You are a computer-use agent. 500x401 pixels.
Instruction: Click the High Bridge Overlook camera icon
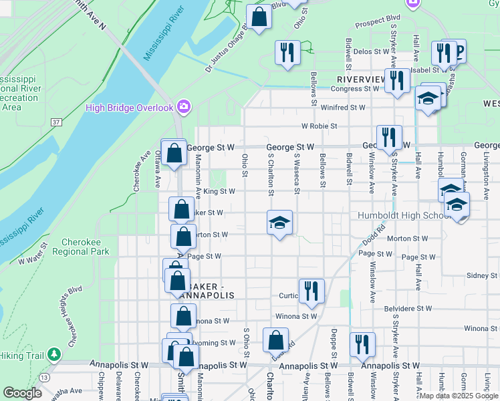(x=184, y=108)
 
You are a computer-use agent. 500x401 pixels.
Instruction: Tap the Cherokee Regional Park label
(x=85, y=247)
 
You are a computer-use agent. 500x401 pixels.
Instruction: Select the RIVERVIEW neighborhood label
(x=356, y=79)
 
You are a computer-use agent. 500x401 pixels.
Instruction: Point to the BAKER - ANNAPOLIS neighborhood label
(x=209, y=291)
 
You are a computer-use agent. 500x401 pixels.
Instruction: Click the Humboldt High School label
(x=404, y=215)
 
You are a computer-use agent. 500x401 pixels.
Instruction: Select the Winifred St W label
(x=343, y=107)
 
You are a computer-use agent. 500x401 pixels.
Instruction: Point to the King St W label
(x=219, y=191)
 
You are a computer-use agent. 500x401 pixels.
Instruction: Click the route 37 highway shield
(x=56, y=122)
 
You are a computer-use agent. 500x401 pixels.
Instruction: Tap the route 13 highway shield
(x=44, y=378)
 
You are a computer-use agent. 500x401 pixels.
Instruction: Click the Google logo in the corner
(x=22, y=393)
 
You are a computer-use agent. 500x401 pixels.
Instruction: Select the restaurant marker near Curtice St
(x=311, y=291)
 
